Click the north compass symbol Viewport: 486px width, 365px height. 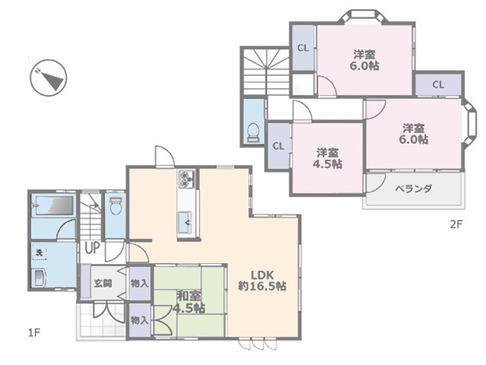[49, 78]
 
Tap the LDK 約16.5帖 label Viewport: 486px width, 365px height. [262, 281]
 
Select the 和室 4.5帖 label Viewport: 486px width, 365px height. [189, 302]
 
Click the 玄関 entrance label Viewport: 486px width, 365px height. [103, 284]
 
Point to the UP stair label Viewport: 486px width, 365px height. [92, 248]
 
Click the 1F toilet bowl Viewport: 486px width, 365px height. [116, 206]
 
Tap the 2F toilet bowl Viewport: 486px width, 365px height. [253, 133]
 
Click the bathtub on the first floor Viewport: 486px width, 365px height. [52, 205]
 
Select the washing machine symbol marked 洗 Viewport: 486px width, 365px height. [39, 252]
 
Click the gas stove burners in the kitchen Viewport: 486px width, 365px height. [186, 179]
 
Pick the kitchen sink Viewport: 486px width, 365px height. [185, 222]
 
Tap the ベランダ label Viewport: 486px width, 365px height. [413, 189]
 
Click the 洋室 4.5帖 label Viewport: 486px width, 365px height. [327, 158]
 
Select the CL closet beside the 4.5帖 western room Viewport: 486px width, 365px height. [278, 146]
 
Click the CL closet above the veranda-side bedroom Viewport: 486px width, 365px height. [438, 84]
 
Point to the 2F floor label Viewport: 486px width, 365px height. [456, 224]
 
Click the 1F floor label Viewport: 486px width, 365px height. [34, 333]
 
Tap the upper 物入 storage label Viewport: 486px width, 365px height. [140, 284]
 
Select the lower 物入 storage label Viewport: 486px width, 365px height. [140, 320]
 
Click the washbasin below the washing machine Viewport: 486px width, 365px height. [40, 278]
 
